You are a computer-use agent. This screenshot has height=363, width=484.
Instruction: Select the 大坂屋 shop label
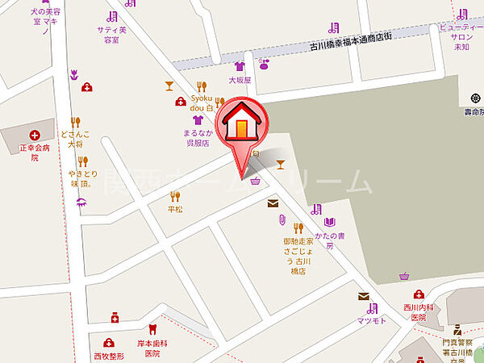(x=240, y=80)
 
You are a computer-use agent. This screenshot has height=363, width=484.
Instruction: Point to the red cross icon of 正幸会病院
(x=34, y=136)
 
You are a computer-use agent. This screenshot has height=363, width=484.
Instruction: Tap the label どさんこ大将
(x=75, y=140)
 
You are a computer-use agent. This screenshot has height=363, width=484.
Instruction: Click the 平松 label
(x=175, y=209)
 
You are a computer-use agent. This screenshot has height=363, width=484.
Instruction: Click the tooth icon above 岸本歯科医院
(x=152, y=328)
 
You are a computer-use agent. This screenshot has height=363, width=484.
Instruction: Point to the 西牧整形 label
(x=109, y=356)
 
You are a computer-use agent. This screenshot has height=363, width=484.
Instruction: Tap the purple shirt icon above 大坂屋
(x=240, y=66)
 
